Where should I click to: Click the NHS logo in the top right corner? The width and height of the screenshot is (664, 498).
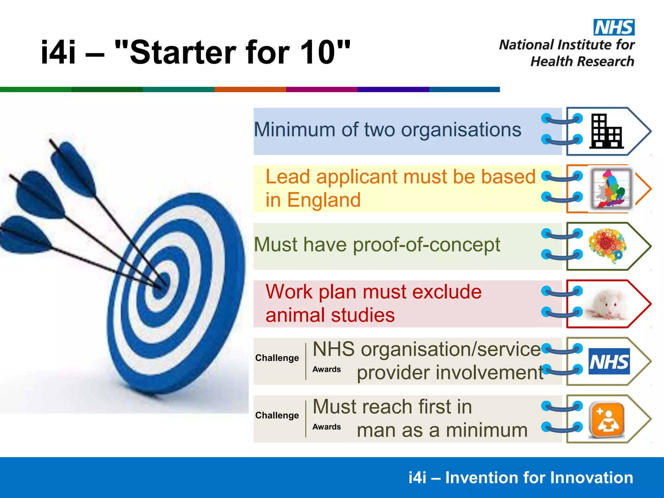tap(614, 27)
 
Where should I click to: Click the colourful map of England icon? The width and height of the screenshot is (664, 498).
tap(611, 189)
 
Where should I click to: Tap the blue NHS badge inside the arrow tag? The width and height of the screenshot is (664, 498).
tap(609, 362)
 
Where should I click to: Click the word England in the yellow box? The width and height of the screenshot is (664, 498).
tap(324, 200)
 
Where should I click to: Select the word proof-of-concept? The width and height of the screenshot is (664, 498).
tap(426, 244)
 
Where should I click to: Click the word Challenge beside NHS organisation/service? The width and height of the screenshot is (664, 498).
tap(277, 358)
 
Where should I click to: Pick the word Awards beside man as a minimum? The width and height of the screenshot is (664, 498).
tap(326, 427)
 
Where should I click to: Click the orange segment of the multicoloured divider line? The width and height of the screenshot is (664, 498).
tap(250, 89)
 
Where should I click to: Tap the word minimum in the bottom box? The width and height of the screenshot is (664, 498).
tap(487, 431)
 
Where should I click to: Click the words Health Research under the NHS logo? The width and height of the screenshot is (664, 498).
tap(582, 62)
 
